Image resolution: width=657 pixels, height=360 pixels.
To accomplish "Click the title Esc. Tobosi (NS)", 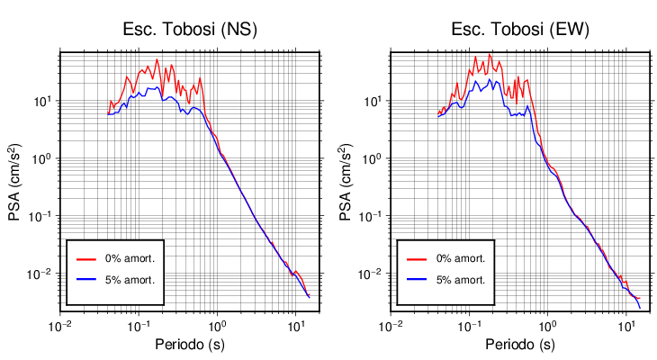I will [190, 30].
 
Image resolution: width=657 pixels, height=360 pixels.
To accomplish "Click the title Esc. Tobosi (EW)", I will [520, 30].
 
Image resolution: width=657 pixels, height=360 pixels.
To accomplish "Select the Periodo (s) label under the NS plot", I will [190, 344].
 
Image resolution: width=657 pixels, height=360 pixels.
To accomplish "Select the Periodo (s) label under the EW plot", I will [520, 344].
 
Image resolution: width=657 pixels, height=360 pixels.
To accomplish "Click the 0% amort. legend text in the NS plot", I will [130, 258].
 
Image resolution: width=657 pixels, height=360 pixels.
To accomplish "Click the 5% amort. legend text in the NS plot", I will [130, 280].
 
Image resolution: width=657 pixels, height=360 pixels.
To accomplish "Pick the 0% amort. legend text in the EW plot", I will [460, 258].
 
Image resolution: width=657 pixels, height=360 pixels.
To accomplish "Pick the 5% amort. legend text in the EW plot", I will [460, 280].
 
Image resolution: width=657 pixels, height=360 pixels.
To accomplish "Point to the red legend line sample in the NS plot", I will [86, 258].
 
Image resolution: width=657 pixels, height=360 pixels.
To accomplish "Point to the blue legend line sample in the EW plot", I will [417, 280].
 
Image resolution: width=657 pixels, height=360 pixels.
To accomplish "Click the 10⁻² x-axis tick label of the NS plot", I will [60, 325].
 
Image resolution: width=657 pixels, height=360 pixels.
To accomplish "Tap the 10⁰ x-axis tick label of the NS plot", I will [217, 325].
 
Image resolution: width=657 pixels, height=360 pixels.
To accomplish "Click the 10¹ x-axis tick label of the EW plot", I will [625, 325].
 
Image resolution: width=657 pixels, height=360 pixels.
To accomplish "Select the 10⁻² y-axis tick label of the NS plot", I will [40, 274].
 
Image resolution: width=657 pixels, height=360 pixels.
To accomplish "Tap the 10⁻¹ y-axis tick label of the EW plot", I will [371, 216].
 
